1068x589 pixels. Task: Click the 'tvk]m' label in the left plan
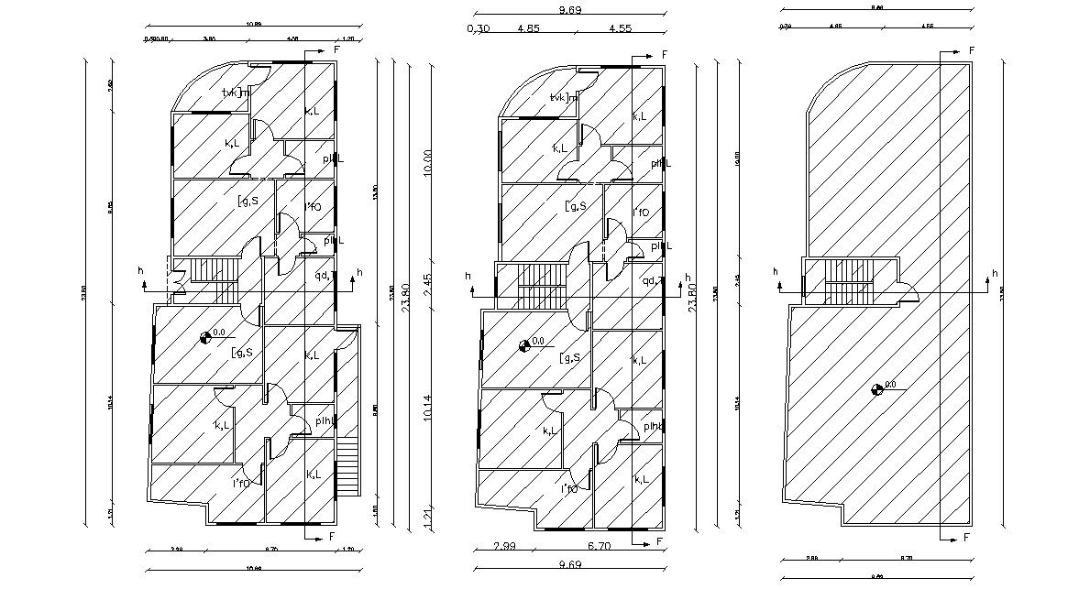coord(236,93)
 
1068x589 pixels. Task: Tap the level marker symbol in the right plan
coord(877,389)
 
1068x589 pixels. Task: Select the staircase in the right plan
coord(847,282)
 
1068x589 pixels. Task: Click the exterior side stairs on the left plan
coord(347,466)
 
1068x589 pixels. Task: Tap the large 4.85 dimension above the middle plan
coord(528,28)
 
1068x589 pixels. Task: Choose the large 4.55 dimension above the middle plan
coord(621,28)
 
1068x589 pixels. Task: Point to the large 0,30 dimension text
coord(478,28)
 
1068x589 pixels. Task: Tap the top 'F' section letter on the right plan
coord(971,50)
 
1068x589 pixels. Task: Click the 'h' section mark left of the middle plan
coord(468,277)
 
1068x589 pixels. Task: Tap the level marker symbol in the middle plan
coord(524,345)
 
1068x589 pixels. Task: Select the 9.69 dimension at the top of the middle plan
coord(570,10)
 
